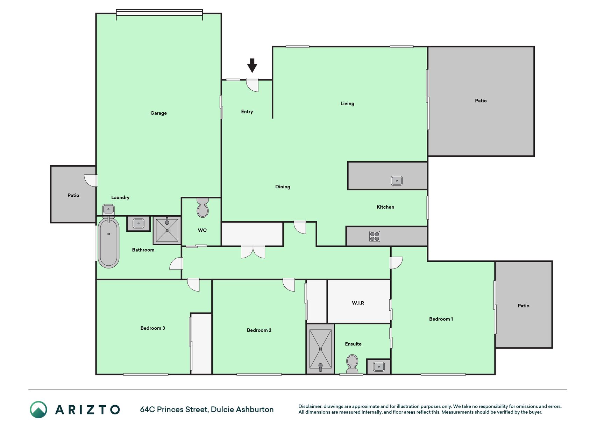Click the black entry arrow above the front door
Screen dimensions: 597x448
pyautogui.click(x=252, y=65)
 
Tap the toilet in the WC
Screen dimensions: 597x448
pyautogui.click(x=202, y=208)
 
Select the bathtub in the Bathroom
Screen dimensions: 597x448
pyautogui.click(x=108, y=242)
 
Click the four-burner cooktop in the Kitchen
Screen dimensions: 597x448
pyautogui.click(x=375, y=237)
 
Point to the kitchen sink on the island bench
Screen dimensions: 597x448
pyautogui.click(x=397, y=181)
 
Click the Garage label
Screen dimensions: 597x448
pyautogui.click(x=158, y=113)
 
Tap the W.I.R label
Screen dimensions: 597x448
pyautogui.click(x=358, y=303)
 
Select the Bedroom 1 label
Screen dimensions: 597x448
pyautogui.click(x=441, y=319)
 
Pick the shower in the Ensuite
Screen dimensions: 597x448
pyautogui.click(x=320, y=349)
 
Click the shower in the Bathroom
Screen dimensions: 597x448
pyautogui.click(x=167, y=230)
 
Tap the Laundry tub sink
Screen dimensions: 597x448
pyautogui.click(x=108, y=210)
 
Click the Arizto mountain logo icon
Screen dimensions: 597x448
pyautogui.click(x=38, y=409)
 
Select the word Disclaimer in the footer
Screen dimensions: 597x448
pyautogui.click(x=310, y=406)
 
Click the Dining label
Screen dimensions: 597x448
pyautogui.click(x=283, y=187)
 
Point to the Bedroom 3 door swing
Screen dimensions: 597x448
pyautogui.click(x=193, y=285)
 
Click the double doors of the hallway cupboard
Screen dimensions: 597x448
pyautogui.click(x=253, y=252)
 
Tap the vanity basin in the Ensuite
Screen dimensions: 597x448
pyautogui.click(x=379, y=366)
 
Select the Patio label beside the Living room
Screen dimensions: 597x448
pyautogui.click(x=481, y=101)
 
